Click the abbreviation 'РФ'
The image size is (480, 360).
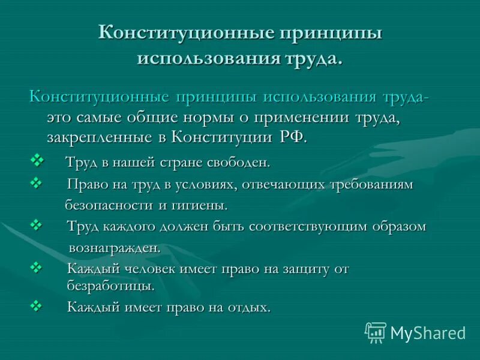(292, 137)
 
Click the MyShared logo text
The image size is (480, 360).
(428, 332)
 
